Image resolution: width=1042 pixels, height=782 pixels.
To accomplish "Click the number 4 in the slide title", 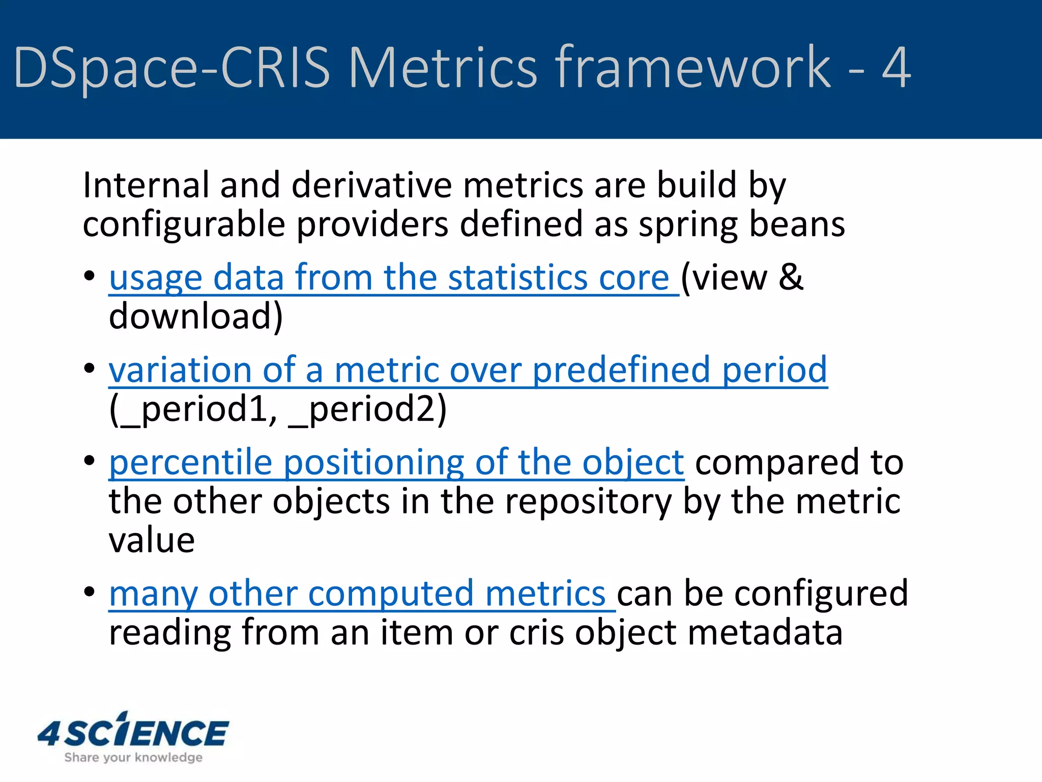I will tap(896, 68).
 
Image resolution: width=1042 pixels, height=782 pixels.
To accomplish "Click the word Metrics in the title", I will tap(442, 68).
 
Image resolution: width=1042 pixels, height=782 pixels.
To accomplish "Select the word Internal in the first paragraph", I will tap(146, 185).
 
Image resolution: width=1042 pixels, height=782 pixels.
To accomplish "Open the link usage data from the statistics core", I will tap(389, 278).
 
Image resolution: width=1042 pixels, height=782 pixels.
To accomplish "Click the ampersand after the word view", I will tap(791, 278).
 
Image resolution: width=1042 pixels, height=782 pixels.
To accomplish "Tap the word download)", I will tap(196, 317).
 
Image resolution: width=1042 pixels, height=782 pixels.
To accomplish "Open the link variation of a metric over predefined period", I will tap(468, 370).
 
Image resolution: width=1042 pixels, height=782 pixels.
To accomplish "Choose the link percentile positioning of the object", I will tap(396, 463).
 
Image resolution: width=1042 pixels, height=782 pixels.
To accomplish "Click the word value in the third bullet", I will tap(152, 540).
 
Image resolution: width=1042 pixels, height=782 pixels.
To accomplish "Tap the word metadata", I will tap(765, 633).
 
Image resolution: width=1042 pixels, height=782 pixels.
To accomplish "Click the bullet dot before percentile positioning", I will tap(90, 461).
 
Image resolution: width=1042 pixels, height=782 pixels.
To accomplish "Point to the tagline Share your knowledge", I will tap(133, 758).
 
